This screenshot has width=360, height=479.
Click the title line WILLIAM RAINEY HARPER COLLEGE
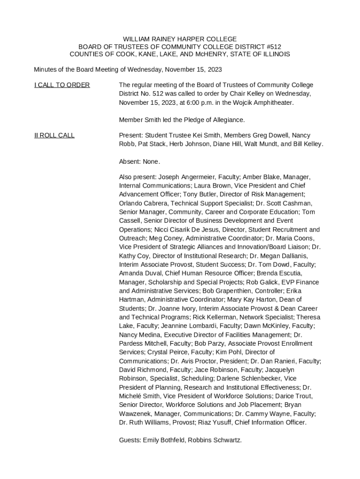point(180,39)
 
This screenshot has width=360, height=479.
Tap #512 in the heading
point(272,47)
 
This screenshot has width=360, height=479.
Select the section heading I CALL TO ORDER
point(62,85)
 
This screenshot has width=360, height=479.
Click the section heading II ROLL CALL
point(54,135)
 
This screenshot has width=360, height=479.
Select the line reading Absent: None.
point(139,162)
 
